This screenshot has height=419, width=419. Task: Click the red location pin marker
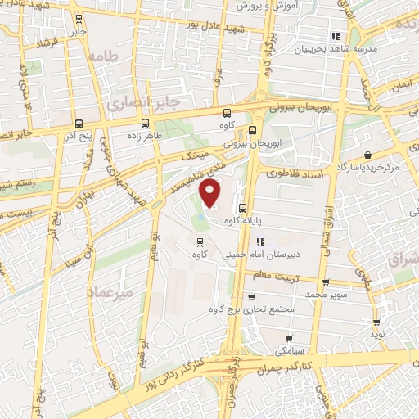pyautogui.click(x=211, y=193)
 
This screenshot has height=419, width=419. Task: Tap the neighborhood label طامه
pyautogui.click(x=107, y=57)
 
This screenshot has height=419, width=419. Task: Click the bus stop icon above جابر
pyautogui.click(x=79, y=18)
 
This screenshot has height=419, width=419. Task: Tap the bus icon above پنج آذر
pyautogui.click(x=76, y=116)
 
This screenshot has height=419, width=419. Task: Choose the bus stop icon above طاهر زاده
pyautogui.click(x=144, y=128)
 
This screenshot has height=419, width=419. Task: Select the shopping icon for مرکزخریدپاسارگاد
pyautogui.click(x=367, y=155)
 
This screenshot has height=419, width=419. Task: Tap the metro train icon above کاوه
pyautogui.click(x=200, y=241)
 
